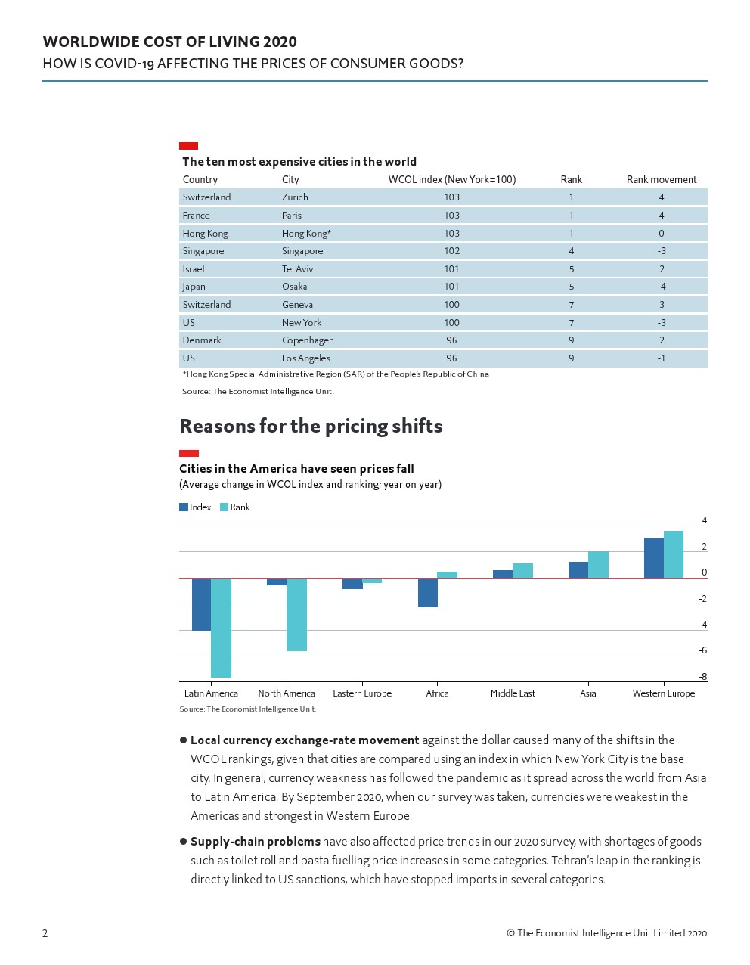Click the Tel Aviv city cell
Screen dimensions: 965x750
[x=297, y=268]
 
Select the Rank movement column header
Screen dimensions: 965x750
[x=662, y=179]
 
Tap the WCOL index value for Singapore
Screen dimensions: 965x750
[x=451, y=251]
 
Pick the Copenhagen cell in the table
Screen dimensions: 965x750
[x=308, y=340]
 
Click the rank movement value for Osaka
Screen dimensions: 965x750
[x=662, y=287]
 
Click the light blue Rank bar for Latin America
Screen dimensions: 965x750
[x=221, y=628]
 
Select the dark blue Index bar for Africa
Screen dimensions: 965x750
[x=428, y=592]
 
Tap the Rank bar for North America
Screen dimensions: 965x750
[x=296, y=614]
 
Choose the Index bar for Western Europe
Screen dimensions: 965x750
[x=653, y=558]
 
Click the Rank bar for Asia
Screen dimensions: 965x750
[x=598, y=565]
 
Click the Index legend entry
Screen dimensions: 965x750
[x=195, y=507]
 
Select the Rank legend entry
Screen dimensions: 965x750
[x=235, y=507]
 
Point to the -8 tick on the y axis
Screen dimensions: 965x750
[x=702, y=677]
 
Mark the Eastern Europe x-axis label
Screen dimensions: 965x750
[x=362, y=693]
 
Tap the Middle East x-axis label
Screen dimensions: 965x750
[x=513, y=693]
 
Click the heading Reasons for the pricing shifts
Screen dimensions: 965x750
[x=311, y=427]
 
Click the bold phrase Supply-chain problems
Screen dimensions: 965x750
[x=256, y=842]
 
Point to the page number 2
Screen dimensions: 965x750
[x=45, y=933]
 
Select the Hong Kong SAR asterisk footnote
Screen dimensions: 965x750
[x=336, y=374]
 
